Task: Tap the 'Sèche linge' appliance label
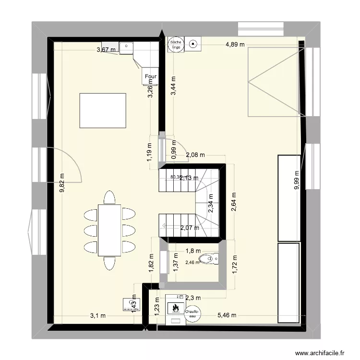[174, 44]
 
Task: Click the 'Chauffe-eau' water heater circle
[192, 313]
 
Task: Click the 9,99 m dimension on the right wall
[297, 180]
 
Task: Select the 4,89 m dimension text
[235, 45]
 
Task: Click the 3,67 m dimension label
[106, 49]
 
